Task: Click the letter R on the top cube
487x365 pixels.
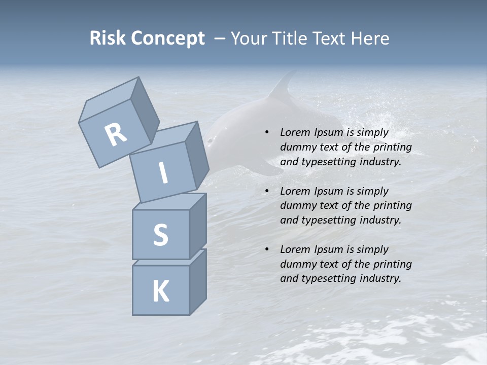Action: click(116, 134)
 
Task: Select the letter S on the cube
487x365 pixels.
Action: click(160, 235)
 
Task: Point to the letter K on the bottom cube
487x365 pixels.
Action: click(160, 291)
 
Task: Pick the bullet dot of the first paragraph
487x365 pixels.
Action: click(267, 132)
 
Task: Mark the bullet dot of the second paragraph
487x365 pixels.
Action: click(267, 191)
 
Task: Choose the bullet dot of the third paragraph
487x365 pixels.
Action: click(267, 249)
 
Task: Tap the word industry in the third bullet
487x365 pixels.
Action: click(380, 278)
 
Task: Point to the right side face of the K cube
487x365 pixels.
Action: click(198, 282)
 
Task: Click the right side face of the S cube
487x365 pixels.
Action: click(198, 226)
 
